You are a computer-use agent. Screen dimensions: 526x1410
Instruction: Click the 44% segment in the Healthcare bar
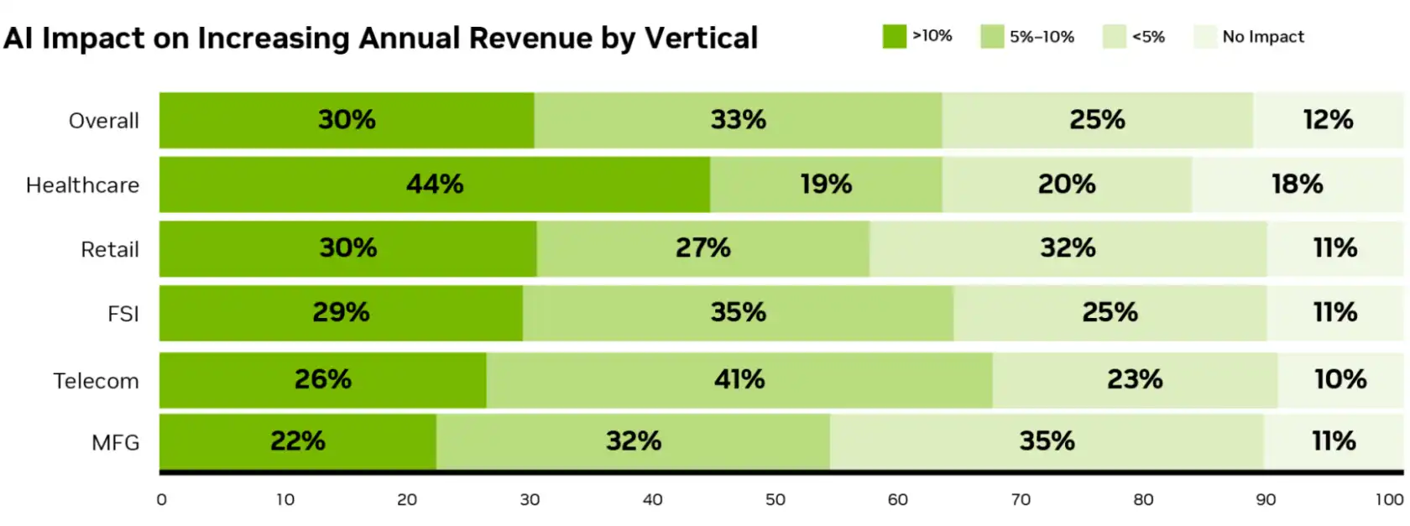tap(435, 185)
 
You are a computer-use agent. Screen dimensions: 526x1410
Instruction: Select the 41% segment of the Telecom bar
tap(739, 380)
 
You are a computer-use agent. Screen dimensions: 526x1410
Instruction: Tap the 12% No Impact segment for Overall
tap(1328, 120)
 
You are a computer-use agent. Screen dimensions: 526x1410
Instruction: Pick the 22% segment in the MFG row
tap(298, 441)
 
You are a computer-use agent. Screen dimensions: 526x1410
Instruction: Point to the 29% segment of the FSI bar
tap(341, 313)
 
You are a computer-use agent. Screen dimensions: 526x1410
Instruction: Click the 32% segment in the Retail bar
tap(1068, 248)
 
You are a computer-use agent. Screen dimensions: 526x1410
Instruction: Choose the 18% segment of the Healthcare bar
tap(1297, 185)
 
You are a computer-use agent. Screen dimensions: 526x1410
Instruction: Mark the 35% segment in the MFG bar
tap(1047, 441)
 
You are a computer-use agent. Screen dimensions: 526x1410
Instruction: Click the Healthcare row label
tap(82, 185)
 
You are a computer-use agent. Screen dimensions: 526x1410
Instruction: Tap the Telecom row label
tap(96, 381)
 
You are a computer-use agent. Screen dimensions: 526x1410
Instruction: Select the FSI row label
tap(123, 314)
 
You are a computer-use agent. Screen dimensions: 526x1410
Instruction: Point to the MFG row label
tap(115, 443)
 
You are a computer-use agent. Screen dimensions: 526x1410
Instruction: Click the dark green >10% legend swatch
tap(894, 37)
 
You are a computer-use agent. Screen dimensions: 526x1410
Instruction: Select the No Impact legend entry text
tap(1262, 37)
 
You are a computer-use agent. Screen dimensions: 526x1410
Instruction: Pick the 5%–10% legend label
tap(1042, 37)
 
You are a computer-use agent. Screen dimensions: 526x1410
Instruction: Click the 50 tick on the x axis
tap(775, 500)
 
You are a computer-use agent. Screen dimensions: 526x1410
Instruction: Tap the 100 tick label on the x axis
tap(1389, 500)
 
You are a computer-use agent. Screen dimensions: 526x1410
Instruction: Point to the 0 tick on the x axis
tap(161, 500)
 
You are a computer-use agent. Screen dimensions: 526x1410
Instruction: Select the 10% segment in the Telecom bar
tap(1339, 380)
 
